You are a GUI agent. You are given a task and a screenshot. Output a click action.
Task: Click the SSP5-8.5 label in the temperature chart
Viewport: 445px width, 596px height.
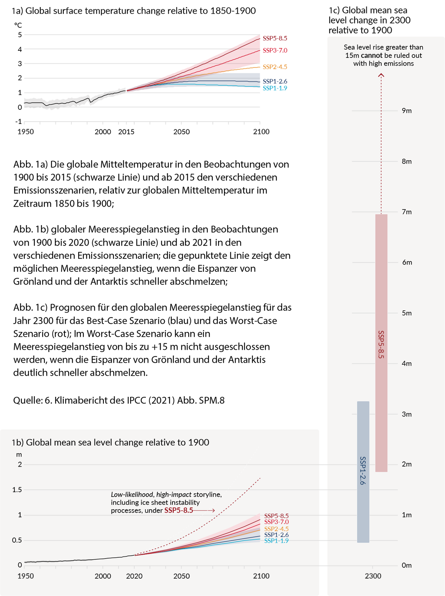pos(275,38)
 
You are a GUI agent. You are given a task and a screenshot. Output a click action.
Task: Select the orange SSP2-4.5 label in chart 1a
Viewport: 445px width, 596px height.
pos(275,67)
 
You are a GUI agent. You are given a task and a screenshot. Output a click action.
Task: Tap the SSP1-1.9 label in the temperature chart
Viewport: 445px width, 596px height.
pos(275,88)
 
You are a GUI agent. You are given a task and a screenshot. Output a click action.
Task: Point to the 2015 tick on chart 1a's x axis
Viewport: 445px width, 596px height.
pos(126,132)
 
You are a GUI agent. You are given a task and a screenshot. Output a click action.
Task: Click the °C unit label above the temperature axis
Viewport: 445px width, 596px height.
pos(18,25)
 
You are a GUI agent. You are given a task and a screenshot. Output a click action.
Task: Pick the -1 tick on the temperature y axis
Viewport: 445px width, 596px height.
pos(19,122)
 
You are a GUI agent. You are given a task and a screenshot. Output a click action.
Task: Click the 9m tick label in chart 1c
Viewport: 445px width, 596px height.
pos(407,111)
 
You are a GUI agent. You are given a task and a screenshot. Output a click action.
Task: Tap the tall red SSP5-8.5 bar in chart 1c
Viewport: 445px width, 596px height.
pos(381,343)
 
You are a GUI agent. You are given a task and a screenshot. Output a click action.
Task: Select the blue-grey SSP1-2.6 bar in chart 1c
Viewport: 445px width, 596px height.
pos(363,472)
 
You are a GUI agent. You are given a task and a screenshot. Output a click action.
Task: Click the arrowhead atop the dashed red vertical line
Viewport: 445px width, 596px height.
pos(381,75)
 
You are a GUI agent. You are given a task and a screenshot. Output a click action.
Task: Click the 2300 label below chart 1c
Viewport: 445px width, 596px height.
pos(373,576)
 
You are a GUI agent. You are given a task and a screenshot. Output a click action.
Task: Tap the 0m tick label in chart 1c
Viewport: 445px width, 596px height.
pos(407,565)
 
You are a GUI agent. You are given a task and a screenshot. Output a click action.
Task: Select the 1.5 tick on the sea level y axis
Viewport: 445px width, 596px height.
pos(17,490)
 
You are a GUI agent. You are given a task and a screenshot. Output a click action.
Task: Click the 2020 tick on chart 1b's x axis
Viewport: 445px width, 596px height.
pos(134,576)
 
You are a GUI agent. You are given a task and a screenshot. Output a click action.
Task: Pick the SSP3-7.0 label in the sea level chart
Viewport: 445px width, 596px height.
pos(276,522)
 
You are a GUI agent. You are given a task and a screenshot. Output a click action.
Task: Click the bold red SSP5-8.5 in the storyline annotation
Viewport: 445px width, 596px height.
pos(178,510)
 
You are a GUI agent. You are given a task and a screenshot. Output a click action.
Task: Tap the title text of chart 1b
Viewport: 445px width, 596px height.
pos(111,442)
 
